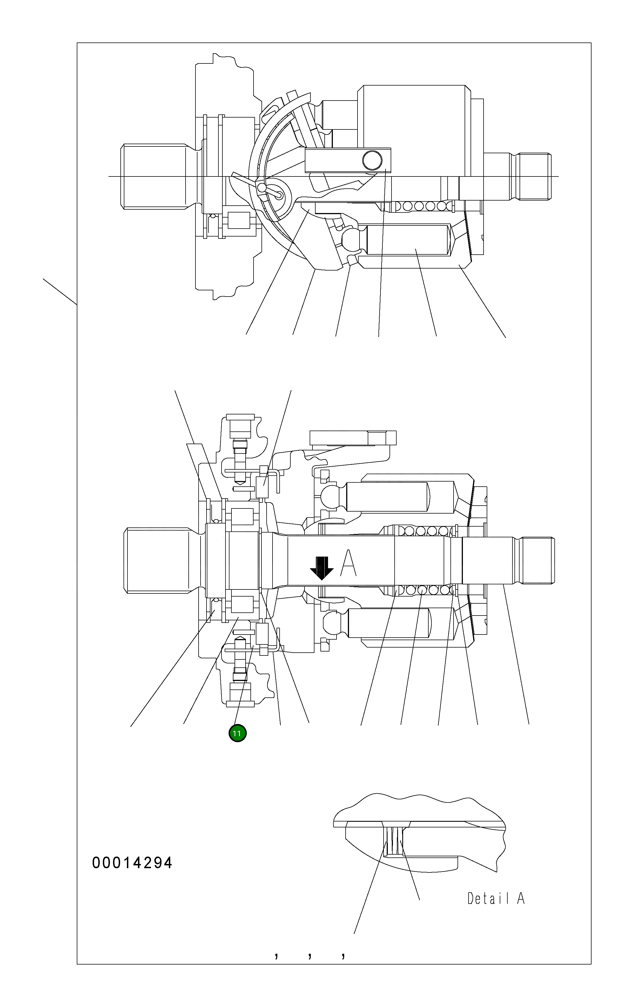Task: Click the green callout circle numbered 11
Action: click(x=237, y=733)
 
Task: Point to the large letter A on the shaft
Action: click(x=348, y=563)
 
